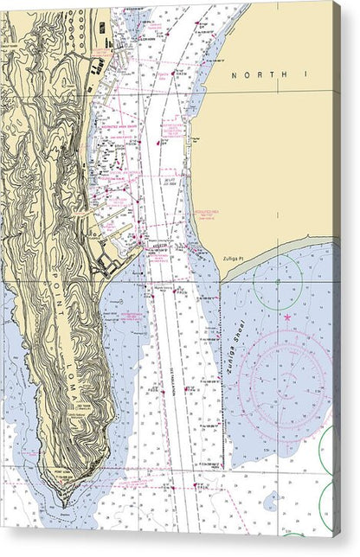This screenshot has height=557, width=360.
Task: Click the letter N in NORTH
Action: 234,76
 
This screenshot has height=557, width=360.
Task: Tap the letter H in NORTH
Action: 282,76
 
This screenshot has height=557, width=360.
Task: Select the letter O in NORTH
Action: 246,76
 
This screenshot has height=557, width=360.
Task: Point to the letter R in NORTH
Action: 258,76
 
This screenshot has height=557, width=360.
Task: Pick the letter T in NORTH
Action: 270,76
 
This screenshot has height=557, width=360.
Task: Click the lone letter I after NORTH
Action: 305,76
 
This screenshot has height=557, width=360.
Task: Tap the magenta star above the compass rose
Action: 288,317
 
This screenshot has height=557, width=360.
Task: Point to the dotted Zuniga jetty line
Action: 222,381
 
